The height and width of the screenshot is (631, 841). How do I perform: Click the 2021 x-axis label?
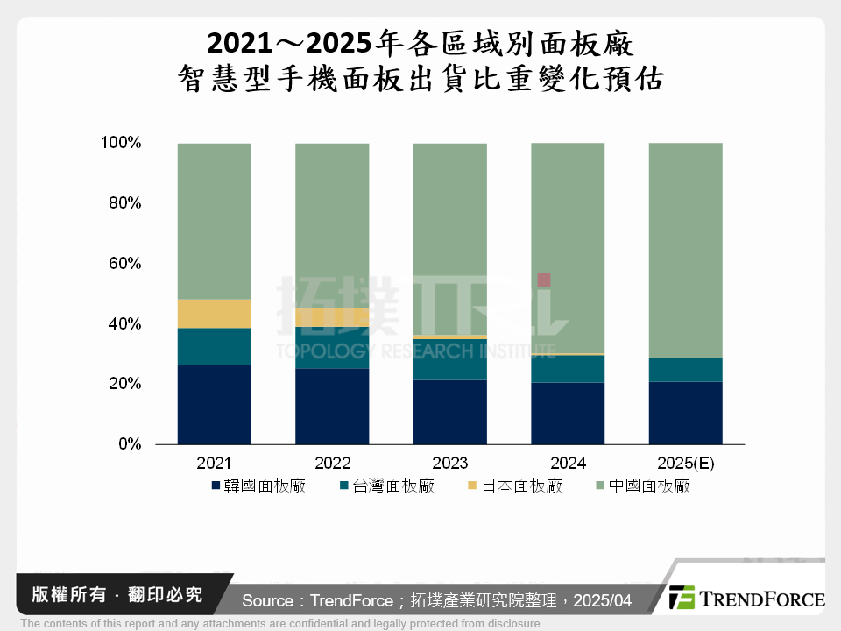point(214,464)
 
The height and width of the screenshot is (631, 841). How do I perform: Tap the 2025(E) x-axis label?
point(685,464)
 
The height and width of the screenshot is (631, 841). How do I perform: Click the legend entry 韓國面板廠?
point(258,486)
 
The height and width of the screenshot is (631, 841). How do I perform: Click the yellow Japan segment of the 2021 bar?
point(214,314)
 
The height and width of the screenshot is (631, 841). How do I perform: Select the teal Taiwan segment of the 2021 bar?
point(214,346)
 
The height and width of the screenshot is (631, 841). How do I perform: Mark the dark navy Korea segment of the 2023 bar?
point(449,412)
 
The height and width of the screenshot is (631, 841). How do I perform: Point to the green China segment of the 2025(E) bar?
point(685,251)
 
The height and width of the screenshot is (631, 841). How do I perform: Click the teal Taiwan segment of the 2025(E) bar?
point(685,370)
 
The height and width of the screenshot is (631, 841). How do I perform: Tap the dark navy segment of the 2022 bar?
point(332,407)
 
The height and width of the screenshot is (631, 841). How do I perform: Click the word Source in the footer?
point(268,600)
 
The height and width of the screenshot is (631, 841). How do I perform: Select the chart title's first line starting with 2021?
point(420,42)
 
